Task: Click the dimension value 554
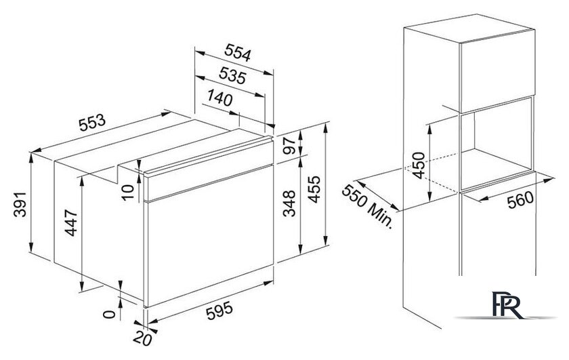[238, 52]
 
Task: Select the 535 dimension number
[232, 75]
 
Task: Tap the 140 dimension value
[220, 98]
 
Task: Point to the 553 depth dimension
[92, 123]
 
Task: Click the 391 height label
[20, 205]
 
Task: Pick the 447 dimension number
[71, 223]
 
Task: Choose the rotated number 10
[128, 192]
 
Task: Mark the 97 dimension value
[289, 146]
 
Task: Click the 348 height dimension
[289, 203]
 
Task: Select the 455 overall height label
[314, 189]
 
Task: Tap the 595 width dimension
[219, 311]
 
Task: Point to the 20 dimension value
[142, 339]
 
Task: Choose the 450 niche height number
[419, 165]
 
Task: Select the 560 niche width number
[521, 200]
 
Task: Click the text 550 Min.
[368, 206]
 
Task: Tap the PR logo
[507, 305]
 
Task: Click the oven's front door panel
[210, 236]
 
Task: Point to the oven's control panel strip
[209, 170]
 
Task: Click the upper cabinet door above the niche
[497, 72]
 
